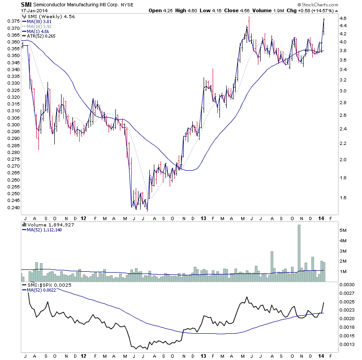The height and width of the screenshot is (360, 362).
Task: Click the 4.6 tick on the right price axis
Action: coord(343,18)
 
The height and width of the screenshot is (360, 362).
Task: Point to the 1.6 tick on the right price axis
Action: coord(343,197)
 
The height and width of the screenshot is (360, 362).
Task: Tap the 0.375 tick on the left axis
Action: coord(11,21)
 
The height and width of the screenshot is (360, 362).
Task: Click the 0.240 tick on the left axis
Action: coord(11,208)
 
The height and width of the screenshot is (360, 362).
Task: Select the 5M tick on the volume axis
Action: coord(343,230)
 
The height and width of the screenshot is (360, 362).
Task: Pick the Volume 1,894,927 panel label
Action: coord(44,224)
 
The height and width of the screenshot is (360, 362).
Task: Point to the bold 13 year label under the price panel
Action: coord(202,218)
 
